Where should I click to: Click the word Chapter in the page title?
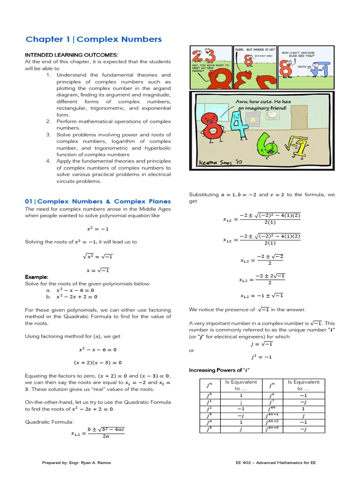tap(44, 39)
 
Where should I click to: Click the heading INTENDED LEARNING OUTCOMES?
tap(71, 55)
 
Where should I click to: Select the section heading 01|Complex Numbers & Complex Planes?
tap(97, 201)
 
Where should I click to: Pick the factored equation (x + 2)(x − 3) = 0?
tap(97, 362)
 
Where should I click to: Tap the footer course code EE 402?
tap(246, 463)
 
